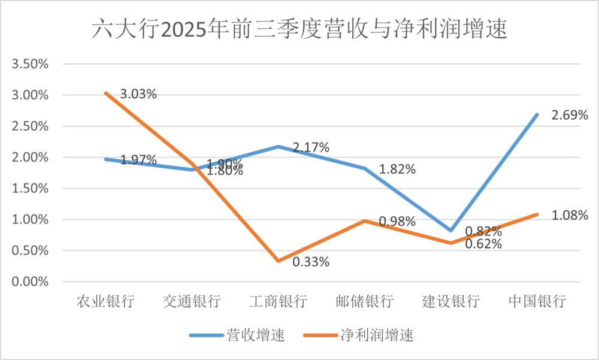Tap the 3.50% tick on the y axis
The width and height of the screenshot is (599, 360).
(29, 64)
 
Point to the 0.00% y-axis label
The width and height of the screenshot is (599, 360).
(29, 282)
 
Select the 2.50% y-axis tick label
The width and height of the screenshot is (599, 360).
(29, 126)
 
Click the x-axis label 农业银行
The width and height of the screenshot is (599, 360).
(105, 301)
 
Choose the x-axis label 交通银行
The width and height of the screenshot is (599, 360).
(192, 301)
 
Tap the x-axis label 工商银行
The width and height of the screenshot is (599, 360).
(278, 301)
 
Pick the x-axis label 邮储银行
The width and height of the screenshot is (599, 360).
(364, 301)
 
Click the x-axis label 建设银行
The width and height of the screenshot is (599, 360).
(450, 301)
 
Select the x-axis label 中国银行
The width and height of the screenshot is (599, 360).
(537, 301)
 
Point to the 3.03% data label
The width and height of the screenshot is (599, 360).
(138, 94)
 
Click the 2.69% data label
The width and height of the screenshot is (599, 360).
(570, 114)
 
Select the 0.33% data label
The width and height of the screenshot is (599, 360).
(311, 262)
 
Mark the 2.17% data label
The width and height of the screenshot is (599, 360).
(311, 147)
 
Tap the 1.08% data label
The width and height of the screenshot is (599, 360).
(570, 215)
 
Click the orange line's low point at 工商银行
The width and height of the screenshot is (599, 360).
(278, 261)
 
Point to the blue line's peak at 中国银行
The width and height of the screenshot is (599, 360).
(537, 114)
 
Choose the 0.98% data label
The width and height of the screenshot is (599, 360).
(397, 222)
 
